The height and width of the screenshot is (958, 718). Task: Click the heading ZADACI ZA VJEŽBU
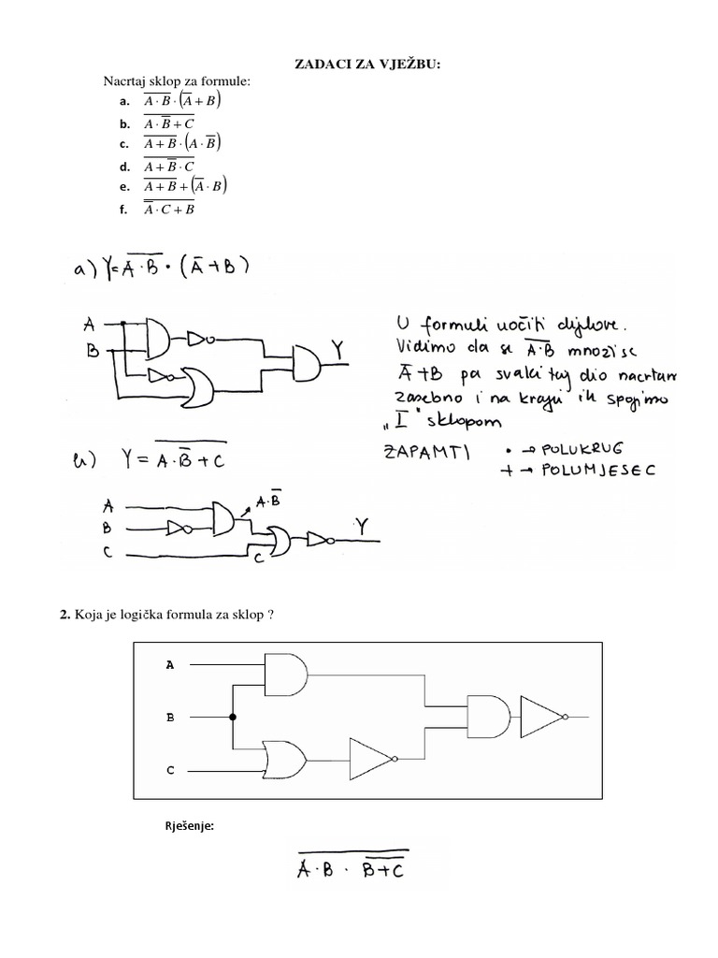point(360,63)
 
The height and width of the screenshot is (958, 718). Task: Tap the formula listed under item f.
point(169,209)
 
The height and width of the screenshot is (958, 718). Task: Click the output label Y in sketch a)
point(337,350)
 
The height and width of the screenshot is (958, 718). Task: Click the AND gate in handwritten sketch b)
point(224,518)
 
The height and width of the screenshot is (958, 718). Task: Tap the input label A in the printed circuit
point(170,665)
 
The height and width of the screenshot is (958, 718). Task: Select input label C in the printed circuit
point(170,771)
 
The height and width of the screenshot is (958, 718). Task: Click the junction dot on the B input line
point(232,718)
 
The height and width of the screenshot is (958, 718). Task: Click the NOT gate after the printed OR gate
point(373,759)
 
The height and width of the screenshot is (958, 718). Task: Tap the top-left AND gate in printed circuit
point(287,675)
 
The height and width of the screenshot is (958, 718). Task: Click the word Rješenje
point(190,825)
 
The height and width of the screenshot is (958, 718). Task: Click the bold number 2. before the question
point(65,614)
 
